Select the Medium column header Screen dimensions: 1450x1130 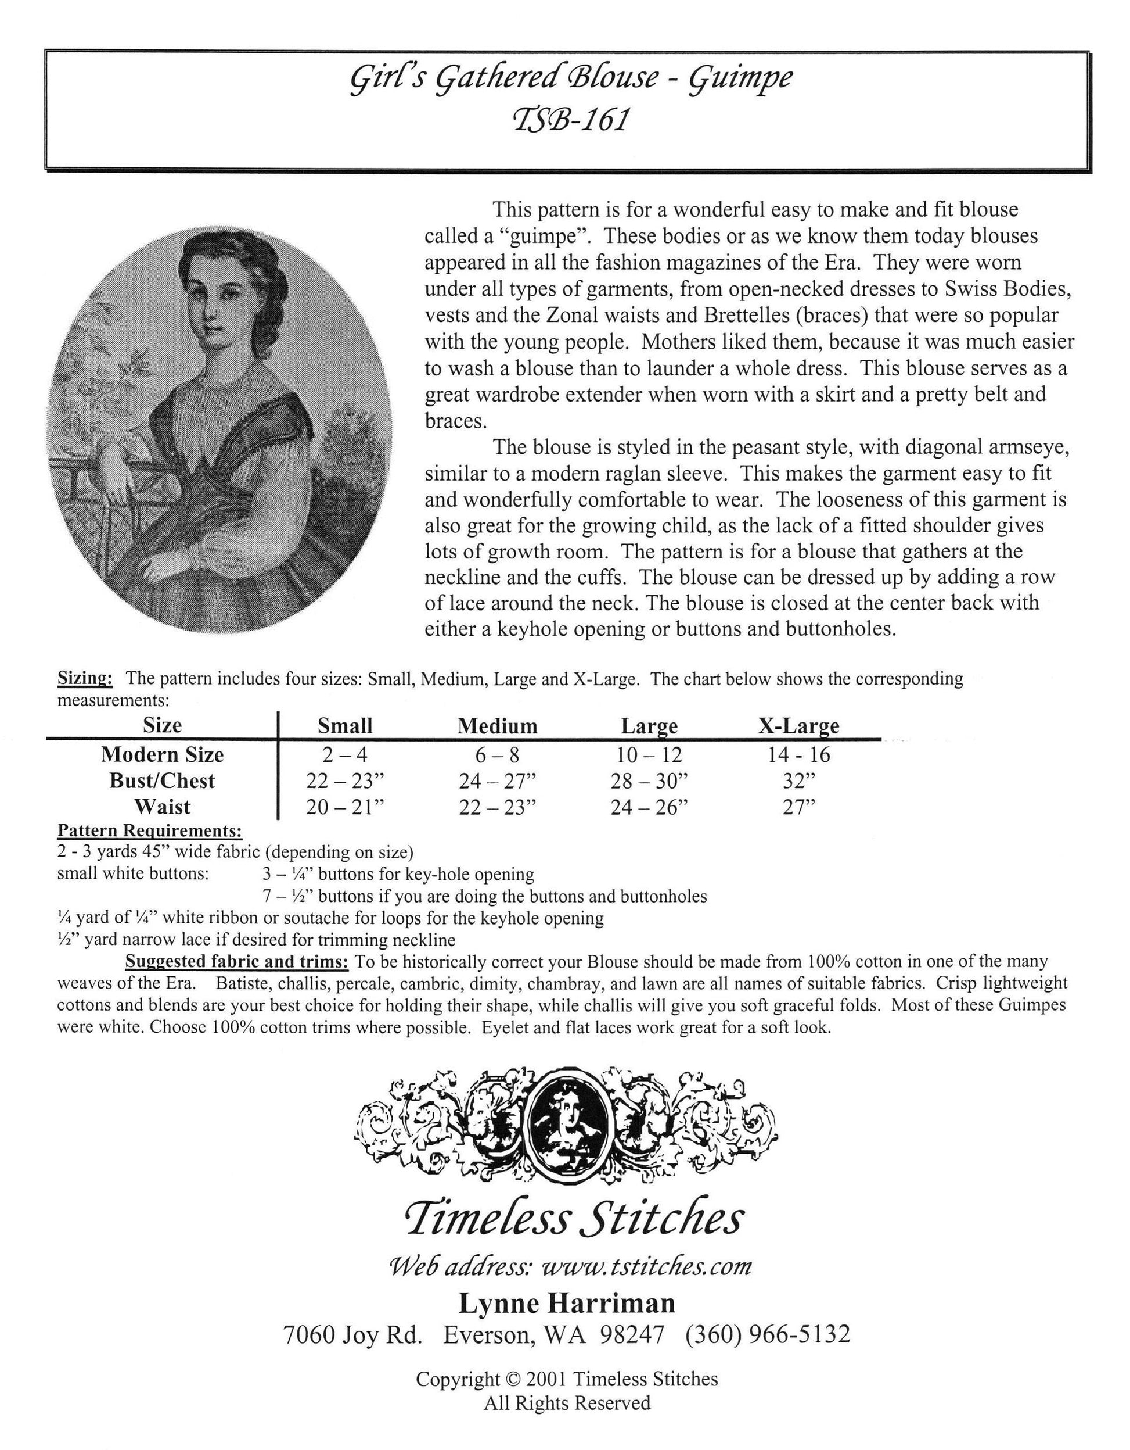coord(497,726)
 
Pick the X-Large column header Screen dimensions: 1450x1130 coord(798,726)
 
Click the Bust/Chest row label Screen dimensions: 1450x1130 coord(162,781)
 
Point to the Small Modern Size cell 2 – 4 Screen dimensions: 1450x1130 coord(344,755)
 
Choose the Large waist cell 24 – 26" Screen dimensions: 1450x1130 coord(649,807)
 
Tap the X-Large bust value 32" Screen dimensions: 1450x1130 coord(798,781)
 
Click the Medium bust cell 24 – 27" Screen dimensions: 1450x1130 coord(497,781)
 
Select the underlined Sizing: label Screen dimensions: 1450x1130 coord(85,679)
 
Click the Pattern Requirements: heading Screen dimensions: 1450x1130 coord(149,830)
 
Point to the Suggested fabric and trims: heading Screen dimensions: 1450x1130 coord(237,961)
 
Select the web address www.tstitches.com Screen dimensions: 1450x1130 coord(647,1267)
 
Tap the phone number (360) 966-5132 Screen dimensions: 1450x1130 coord(768,1334)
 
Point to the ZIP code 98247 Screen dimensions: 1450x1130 coord(631,1334)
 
